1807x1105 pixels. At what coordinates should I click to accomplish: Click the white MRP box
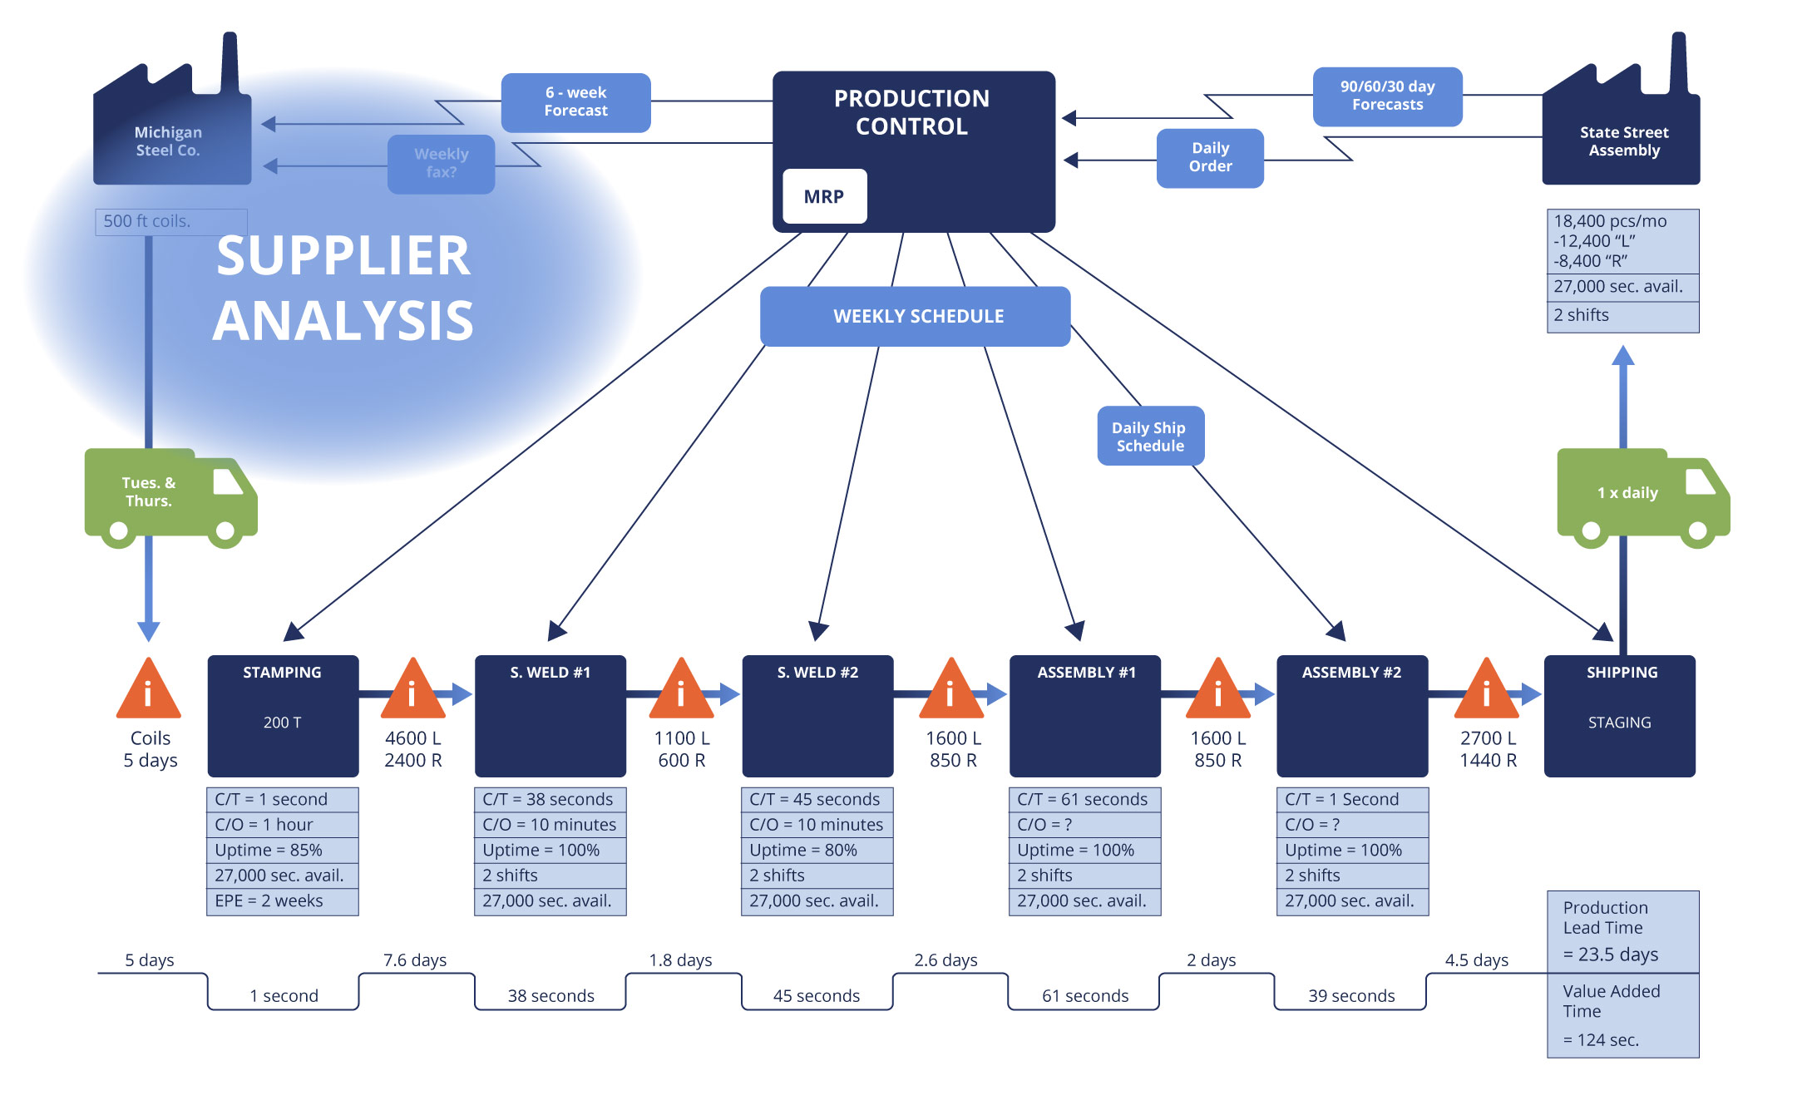824,196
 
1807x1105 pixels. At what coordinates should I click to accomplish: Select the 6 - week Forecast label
575,102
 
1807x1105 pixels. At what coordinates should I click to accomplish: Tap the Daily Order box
1210,157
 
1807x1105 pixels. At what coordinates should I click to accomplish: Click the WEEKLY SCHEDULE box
915,316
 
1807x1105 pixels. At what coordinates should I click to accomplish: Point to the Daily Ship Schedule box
1150,436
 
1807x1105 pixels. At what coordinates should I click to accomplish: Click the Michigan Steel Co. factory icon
171,125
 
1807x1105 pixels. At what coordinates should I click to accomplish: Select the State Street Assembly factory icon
1621,125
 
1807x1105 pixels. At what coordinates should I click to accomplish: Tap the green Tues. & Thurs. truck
166,495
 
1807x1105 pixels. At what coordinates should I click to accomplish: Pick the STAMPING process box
283,715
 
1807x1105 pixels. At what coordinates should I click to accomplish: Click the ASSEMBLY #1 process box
1084,715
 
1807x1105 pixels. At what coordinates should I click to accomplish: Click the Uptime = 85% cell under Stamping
282,850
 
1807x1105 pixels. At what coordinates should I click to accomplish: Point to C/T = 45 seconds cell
817,799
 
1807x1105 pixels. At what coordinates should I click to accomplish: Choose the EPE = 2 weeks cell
282,900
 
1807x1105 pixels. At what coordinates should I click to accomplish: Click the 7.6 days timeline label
414,959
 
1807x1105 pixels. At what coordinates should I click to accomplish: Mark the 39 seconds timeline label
1350,995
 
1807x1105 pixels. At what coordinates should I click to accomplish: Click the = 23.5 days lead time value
1610,954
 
